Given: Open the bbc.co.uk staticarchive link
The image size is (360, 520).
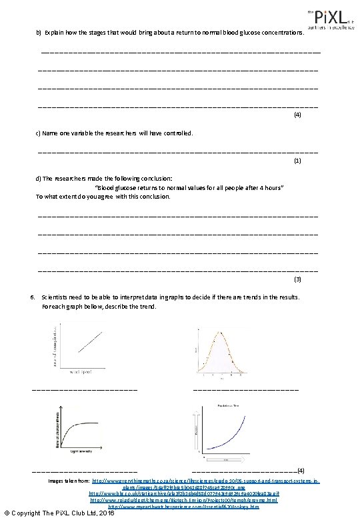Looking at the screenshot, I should pyautogui.click(x=184, y=493).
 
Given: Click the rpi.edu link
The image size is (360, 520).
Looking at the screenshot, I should pyautogui.click(x=183, y=500).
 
